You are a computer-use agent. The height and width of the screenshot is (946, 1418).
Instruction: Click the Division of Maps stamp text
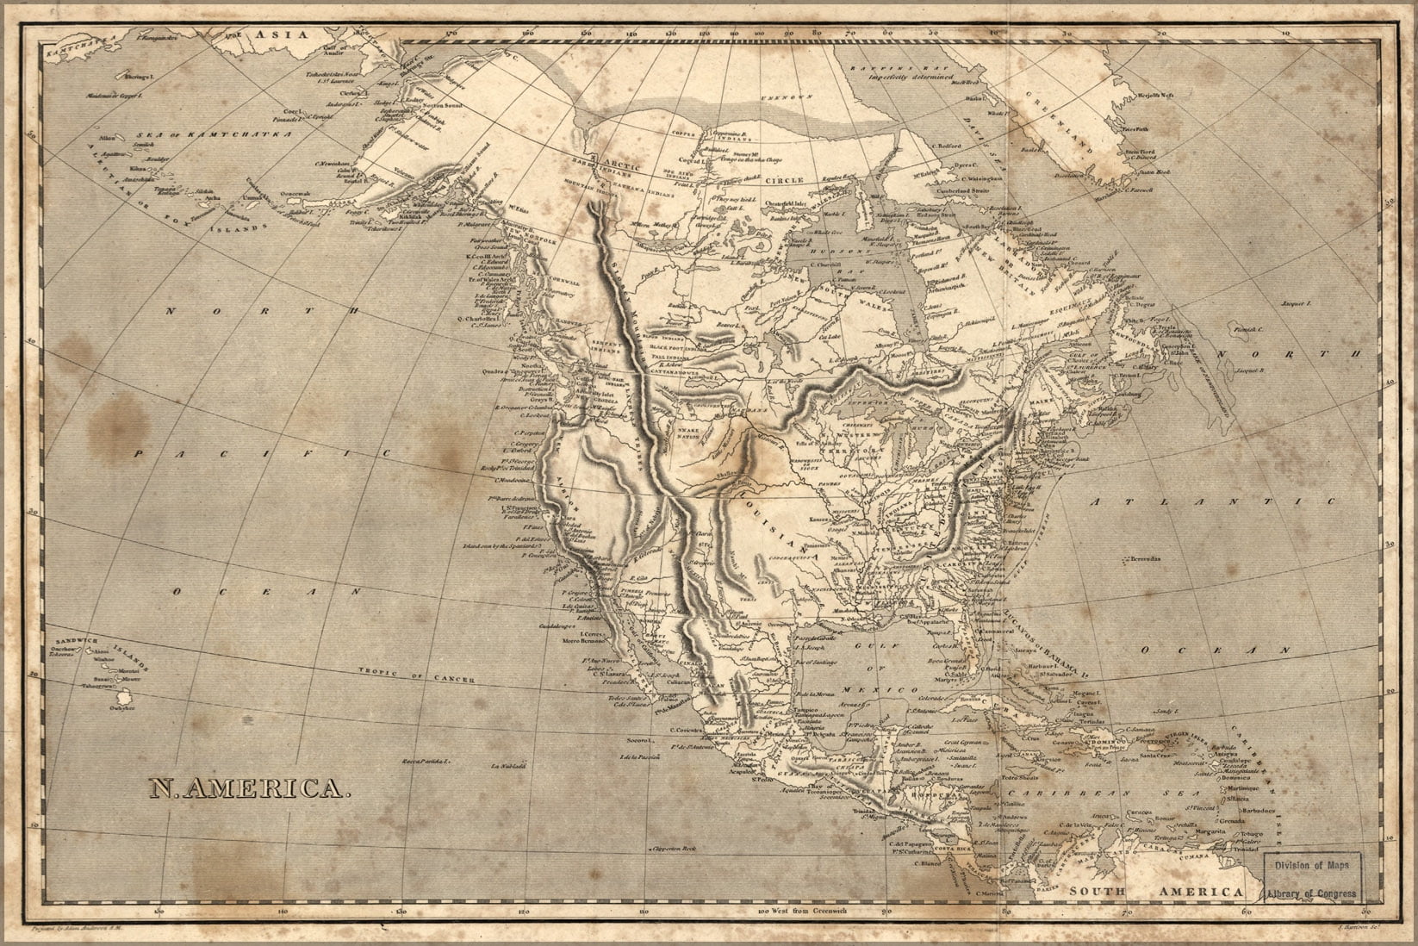[x=1312, y=863]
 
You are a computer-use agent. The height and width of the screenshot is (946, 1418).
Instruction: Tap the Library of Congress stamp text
[x=1312, y=893]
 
